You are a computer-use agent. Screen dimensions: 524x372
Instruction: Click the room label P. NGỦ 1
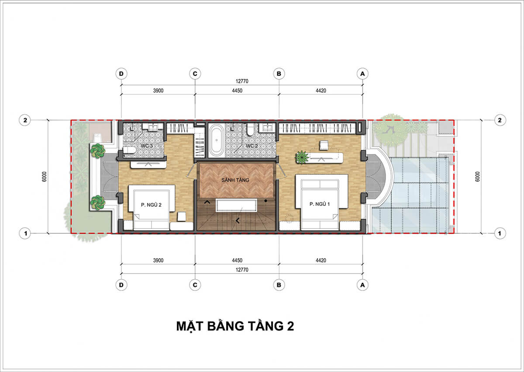tap(320, 204)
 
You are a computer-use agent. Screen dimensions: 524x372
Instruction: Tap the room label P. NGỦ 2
tap(151, 205)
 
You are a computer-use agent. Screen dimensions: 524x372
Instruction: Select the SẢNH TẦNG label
tap(235, 180)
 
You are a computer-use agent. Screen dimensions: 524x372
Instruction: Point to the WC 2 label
tap(252, 146)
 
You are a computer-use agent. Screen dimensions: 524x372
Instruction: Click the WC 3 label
tap(147, 146)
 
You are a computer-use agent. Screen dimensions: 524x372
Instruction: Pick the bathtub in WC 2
tap(217, 140)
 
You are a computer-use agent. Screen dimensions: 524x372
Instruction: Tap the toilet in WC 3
tap(129, 150)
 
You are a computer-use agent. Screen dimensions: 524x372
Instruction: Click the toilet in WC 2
tap(251, 130)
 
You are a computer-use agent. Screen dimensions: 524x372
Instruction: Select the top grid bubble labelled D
tap(121, 74)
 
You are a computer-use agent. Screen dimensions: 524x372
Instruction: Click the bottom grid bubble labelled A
tap(362, 285)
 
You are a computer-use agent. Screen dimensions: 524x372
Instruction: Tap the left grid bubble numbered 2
tap(25, 120)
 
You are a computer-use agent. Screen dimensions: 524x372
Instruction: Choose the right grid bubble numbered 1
tap(500, 233)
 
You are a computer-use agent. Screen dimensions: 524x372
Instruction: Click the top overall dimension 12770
tap(242, 81)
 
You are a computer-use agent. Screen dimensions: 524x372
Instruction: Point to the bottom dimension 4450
tap(237, 260)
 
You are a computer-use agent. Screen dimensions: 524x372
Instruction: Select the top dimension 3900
tap(158, 91)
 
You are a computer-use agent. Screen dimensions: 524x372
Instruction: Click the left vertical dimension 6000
tap(45, 177)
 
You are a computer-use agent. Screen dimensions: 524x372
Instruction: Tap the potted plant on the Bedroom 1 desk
tap(302, 157)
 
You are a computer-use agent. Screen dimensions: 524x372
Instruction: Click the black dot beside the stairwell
tap(266, 201)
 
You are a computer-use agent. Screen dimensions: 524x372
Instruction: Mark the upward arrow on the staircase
tap(207, 202)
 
